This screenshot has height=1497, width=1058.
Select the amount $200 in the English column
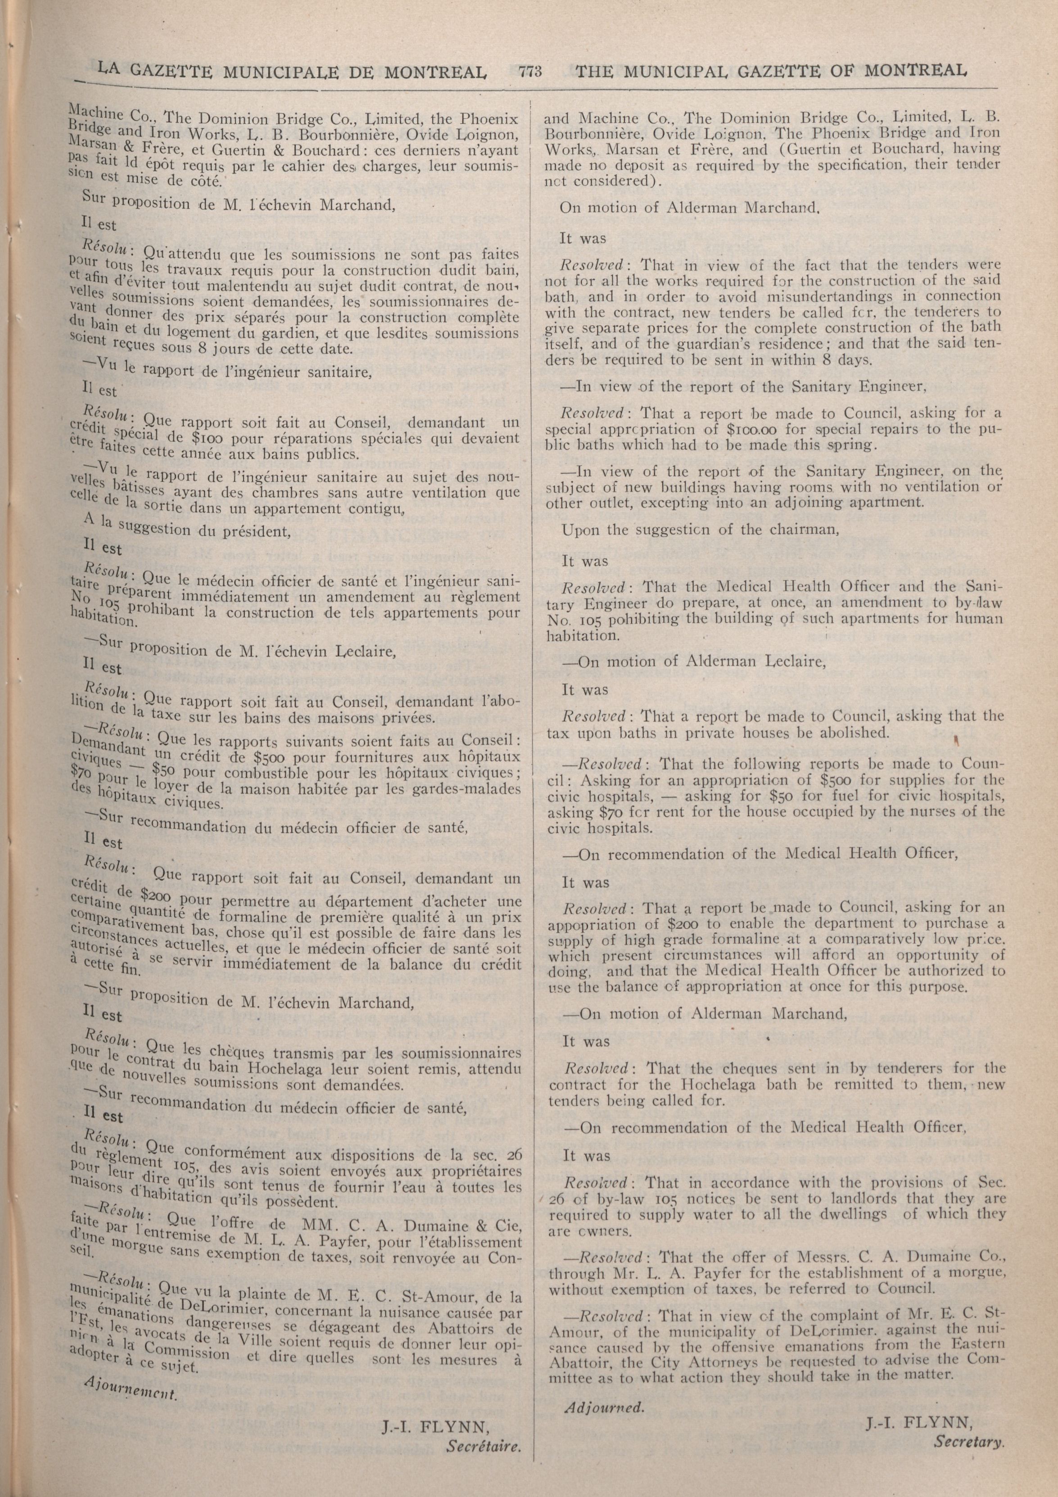[x=660, y=923]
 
